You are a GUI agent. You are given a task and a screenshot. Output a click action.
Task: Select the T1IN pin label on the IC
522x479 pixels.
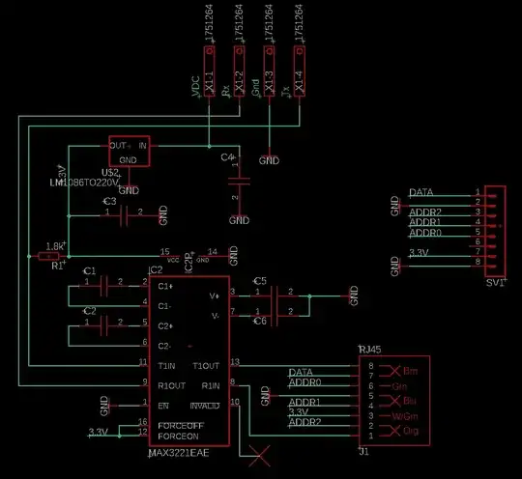tap(166, 366)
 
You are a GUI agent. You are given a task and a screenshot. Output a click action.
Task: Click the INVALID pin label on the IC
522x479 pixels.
tap(212, 405)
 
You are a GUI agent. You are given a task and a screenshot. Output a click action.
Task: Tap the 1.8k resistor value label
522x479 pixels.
tap(56, 246)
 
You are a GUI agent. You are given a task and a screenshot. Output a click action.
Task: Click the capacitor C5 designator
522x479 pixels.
tap(258, 281)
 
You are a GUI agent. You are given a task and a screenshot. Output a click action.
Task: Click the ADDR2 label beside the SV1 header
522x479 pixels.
tap(425, 211)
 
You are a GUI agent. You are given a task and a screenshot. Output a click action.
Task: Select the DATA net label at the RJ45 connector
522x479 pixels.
tap(302, 372)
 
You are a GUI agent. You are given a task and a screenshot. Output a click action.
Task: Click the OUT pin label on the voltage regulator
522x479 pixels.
tap(120, 145)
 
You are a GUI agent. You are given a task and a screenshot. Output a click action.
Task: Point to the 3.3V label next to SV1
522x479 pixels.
tap(419, 253)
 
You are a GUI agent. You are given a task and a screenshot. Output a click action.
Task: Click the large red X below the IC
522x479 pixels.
tap(258, 454)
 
